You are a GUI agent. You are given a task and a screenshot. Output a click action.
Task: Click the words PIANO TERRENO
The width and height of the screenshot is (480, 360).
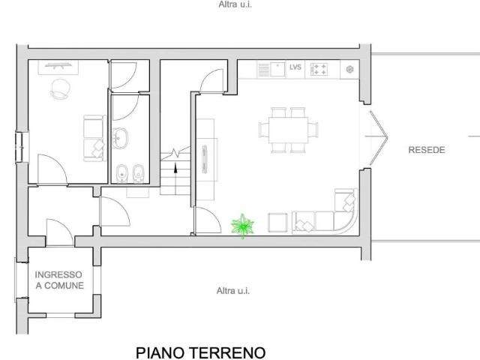click(x=200, y=351)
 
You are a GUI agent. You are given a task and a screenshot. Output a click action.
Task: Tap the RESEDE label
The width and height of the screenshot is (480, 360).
click(x=427, y=150)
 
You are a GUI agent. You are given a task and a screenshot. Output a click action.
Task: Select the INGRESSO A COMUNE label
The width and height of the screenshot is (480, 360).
click(x=59, y=280)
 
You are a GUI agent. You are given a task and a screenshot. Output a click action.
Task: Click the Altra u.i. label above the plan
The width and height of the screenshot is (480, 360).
click(x=234, y=4)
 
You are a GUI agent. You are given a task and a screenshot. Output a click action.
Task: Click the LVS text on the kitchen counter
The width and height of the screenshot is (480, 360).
click(x=295, y=68)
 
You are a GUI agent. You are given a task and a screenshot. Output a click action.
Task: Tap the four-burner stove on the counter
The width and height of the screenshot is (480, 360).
click(x=319, y=69)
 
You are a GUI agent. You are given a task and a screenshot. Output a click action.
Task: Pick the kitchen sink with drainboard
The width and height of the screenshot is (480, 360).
click(x=269, y=69)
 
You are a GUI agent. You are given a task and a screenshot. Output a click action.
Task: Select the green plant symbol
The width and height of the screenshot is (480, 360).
click(x=243, y=226)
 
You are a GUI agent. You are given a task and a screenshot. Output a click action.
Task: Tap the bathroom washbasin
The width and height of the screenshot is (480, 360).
click(x=121, y=137)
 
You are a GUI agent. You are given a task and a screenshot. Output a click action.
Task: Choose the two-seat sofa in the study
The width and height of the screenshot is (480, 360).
click(x=93, y=136)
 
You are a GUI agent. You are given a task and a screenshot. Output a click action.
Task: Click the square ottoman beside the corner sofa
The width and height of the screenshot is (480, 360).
click(x=278, y=223)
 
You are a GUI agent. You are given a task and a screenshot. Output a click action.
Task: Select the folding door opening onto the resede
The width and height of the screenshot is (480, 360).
click(x=377, y=138)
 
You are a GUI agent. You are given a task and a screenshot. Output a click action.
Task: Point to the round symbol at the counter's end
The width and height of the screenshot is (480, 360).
click(x=350, y=69)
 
